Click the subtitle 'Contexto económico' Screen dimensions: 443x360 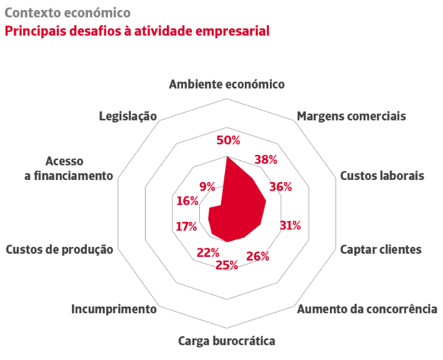coord(68,13)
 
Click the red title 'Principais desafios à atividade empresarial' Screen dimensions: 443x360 coord(137,31)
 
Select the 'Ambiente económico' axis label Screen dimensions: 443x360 coord(227,84)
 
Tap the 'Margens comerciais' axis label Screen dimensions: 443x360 coord(351,116)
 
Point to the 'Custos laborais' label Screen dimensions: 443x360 coord(382,176)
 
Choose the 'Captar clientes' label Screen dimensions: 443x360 coord(381,249)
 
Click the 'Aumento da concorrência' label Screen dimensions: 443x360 coord(367,309)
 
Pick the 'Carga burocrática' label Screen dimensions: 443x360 coord(227,341)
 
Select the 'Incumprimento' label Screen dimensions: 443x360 coord(114,309)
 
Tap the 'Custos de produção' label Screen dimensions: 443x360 coord(59,250)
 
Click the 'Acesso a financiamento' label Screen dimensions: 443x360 coord(69,169)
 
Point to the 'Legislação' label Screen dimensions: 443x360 coord(128,116)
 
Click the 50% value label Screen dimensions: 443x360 coord(228,141)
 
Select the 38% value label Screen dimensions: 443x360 coord(266,159)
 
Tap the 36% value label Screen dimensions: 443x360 coord(281,187)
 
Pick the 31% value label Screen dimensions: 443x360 coord(290,226)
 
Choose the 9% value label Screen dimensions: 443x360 coord(207,187)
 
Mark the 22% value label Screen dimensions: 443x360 coord(208,253)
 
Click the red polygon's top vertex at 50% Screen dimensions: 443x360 coord(227,156)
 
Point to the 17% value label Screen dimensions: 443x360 coord(186,227)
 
